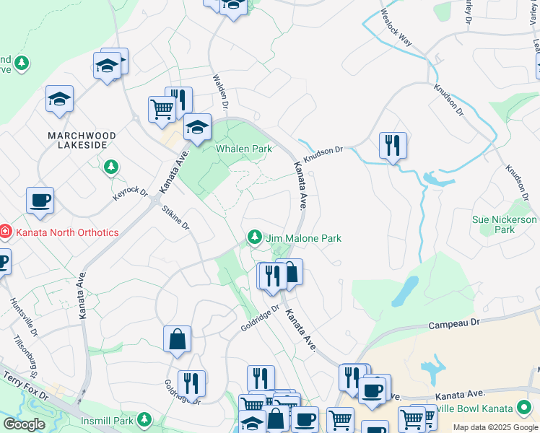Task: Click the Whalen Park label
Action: point(244,149)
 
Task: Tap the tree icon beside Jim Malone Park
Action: point(254,237)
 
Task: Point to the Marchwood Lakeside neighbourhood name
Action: point(77,140)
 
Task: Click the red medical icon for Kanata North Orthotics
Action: point(5,232)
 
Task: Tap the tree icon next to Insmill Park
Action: point(144,419)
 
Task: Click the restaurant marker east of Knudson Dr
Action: point(393,146)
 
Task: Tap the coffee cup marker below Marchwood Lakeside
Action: point(40,201)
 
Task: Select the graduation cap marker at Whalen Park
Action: point(196,128)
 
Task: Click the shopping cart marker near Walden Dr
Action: point(162,110)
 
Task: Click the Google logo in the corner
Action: point(24,424)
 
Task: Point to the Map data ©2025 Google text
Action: point(495,427)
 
